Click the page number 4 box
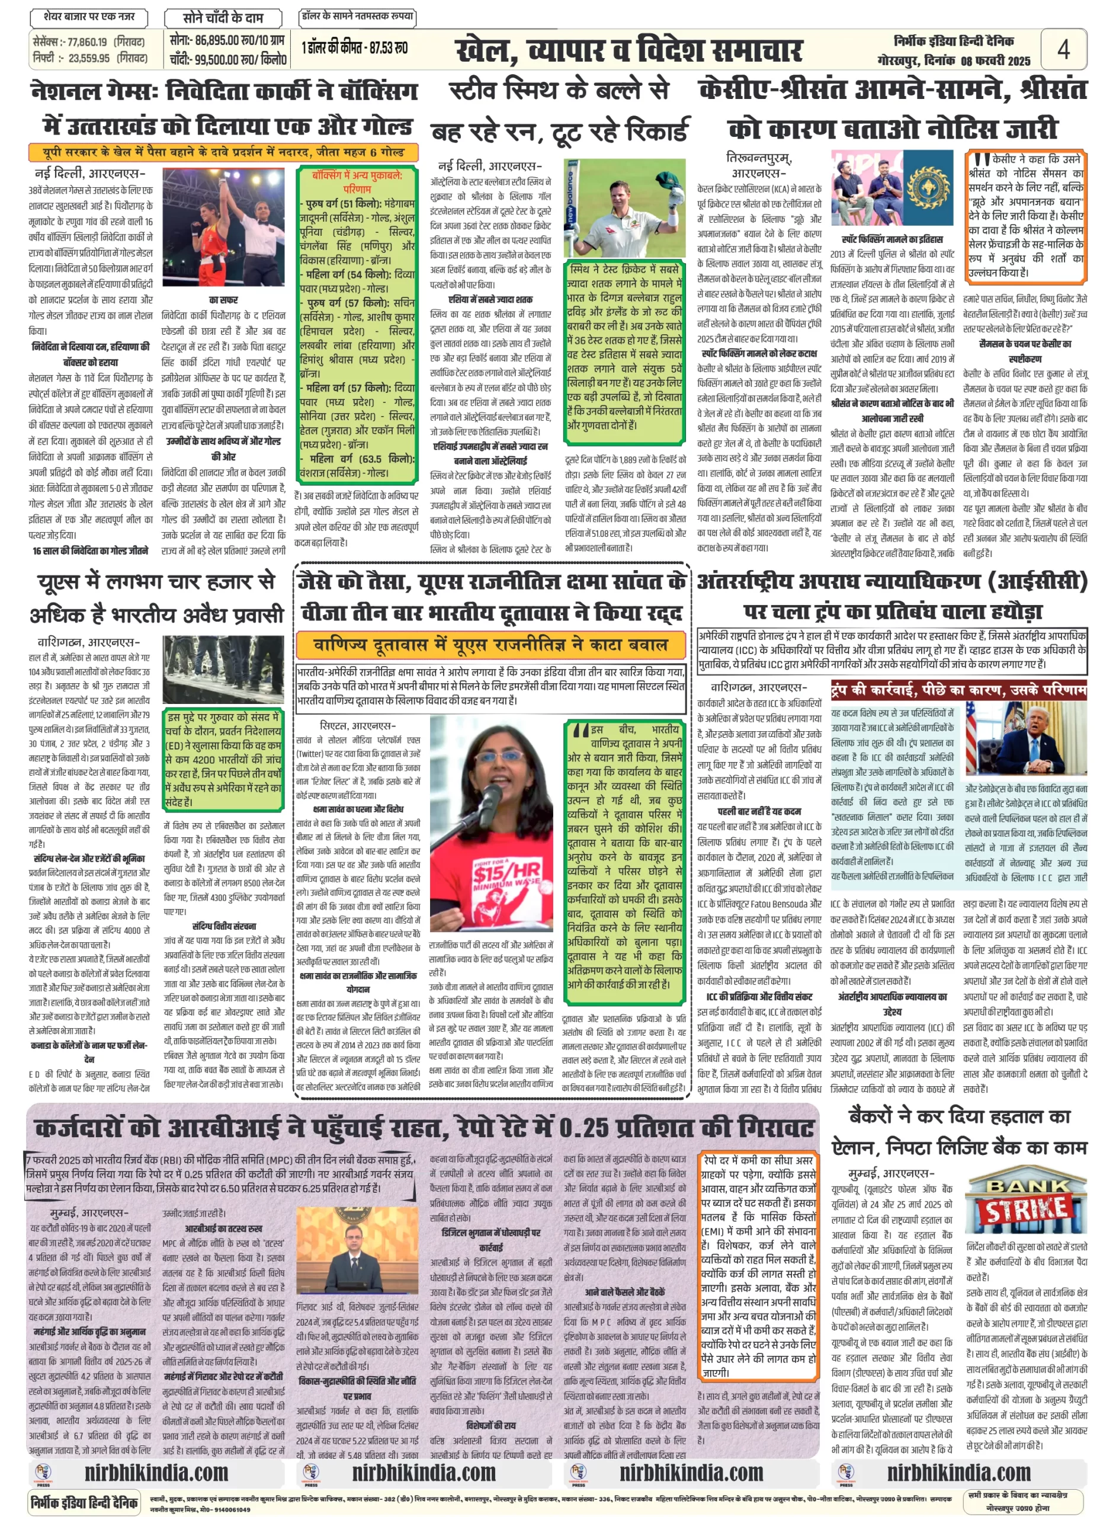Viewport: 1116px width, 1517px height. [x=1063, y=49]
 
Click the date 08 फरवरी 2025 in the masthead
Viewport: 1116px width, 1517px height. [x=995, y=61]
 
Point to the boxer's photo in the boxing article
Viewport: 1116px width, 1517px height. [x=223, y=229]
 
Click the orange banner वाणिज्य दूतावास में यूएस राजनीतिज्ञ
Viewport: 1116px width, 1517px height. [x=491, y=645]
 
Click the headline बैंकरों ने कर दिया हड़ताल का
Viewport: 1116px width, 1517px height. [x=959, y=1116]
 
